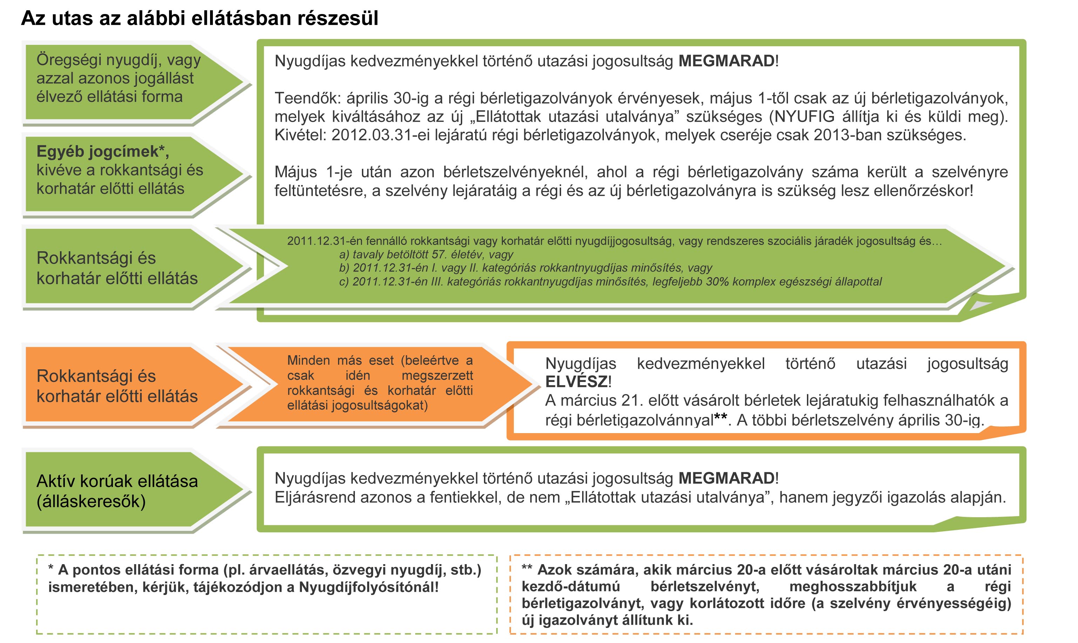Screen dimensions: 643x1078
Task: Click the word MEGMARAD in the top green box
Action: coord(726,61)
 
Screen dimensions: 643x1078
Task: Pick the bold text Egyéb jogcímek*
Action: coord(102,152)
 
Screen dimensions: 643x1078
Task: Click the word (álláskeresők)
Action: coord(91,501)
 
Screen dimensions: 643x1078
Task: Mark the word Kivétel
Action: coord(299,135)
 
